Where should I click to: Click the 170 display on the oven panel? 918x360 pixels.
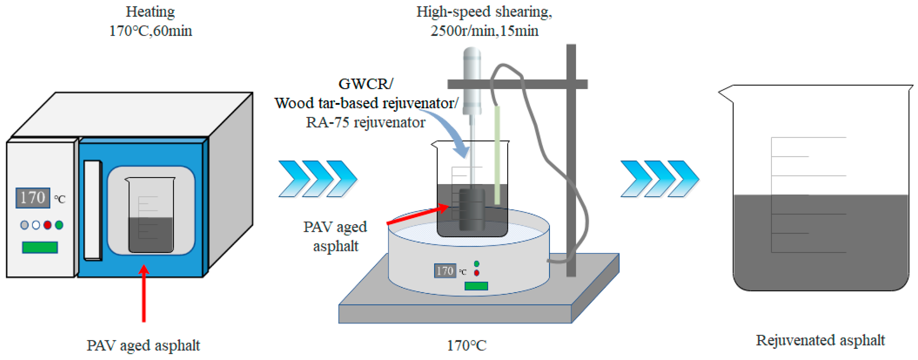[32, 198]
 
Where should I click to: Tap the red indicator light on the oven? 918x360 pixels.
[47, 225]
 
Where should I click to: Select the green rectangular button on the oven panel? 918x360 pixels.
[40, 247]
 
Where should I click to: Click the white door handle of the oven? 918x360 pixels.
[93, 210]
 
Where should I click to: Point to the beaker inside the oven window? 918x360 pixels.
[150, 215]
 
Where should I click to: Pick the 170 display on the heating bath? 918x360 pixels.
[445, 271]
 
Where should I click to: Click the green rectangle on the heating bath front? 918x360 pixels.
[476, 286]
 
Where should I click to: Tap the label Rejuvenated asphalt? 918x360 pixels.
[820, 340]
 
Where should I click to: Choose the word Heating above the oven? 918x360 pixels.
[150, 12]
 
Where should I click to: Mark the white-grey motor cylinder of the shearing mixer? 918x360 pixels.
[472, 80]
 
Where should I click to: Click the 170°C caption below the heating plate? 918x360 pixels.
[467, 345]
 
